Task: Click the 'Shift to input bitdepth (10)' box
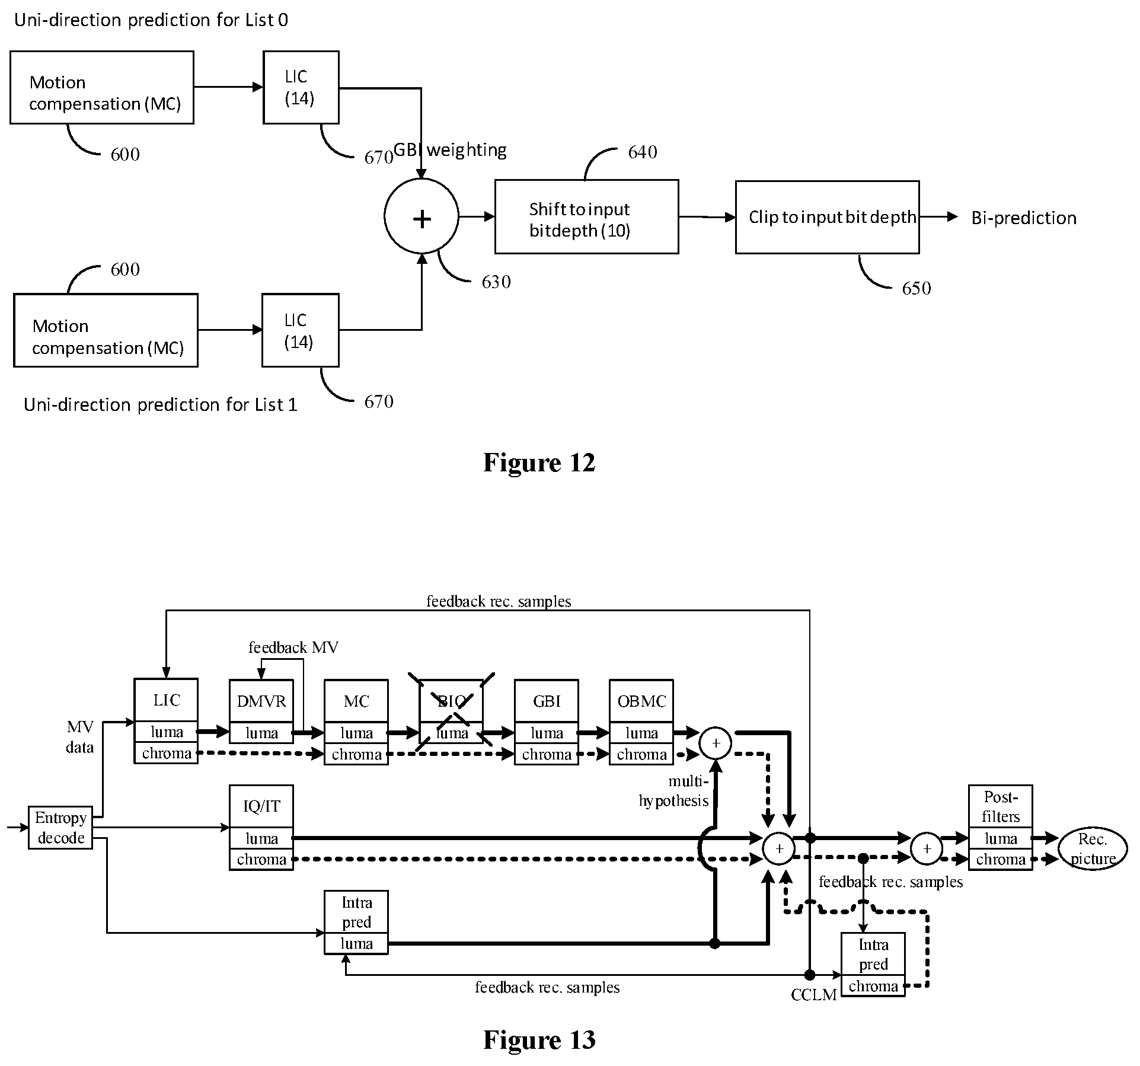(x=586, y=217)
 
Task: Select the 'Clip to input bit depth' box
(x=827, y=217)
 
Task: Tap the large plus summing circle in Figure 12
(x=421, y=216)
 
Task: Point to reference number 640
(x=643, y=152)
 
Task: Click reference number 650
(x=917, y=289)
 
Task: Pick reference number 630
(x=496, y=282)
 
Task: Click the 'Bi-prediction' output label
(x=1024, y=218)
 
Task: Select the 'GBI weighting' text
(x=450, y=150)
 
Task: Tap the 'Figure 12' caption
(x=539, y=462)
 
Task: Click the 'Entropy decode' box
(x=60, y=828)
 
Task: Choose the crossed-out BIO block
(x=452, y=722)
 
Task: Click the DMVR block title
(x=261, y=701)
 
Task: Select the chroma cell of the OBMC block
(x=641, y=755)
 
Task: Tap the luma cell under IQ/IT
(x=261, y=838)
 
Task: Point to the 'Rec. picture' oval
(x=1093, y=849)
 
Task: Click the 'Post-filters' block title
(x=1001, y=807)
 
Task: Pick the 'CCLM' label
(x=813, y=995)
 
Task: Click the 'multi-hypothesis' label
(x=673, y=791)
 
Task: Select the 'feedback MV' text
(x=293, y=647)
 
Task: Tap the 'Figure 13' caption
(x=539, y=1040)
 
